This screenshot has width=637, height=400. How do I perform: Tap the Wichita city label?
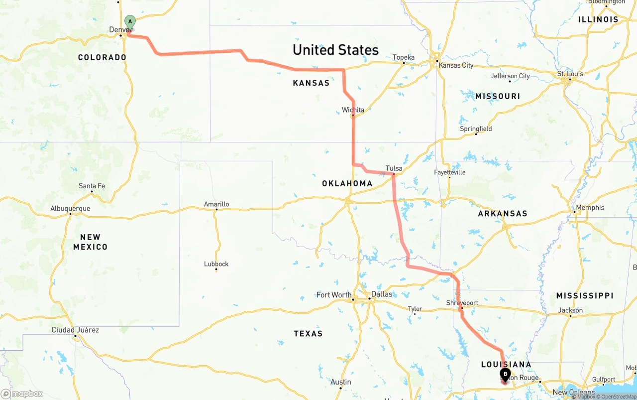pos(353,110)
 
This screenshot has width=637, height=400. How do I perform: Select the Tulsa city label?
pos(394,168)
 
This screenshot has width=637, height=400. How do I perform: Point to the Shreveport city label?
pos(462,303)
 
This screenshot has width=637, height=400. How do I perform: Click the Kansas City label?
pos(456,65)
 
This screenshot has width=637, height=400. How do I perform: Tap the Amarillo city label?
pos(216,204)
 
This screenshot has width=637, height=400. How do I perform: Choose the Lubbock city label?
pos(216,264)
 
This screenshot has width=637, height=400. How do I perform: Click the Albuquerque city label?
pos(70,209)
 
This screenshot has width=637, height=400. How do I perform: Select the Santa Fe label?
pos(92,186)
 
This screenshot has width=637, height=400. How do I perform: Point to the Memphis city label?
pos(590,208)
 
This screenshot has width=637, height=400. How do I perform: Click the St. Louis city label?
pos(570,74)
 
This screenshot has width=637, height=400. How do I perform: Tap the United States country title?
pos(335,50)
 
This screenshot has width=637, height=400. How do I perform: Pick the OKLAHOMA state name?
pos(347,183)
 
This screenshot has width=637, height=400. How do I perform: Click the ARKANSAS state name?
pos(503,213)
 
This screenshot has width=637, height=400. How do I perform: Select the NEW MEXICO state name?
pos(91,242)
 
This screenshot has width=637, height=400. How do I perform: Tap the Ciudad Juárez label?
pos(75,330)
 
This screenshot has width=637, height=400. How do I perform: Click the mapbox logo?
pos(22,394)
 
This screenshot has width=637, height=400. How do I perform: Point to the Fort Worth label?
pos(334,295)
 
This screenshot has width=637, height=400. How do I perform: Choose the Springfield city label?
pos(476,129)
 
